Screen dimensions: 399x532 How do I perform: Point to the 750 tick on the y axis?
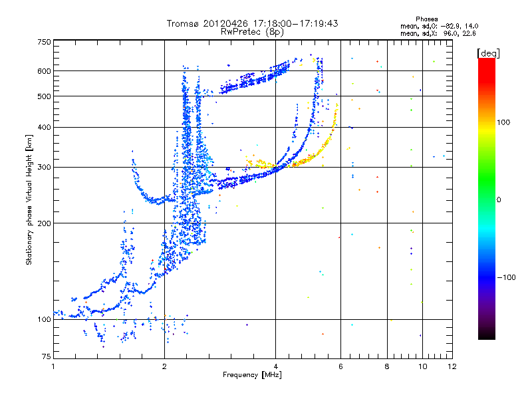coord(44,42)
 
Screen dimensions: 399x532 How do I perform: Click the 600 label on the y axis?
coord(44,71)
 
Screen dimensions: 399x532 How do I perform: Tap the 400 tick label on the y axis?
coord(44,127)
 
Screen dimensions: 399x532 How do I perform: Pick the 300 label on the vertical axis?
coord(44,167)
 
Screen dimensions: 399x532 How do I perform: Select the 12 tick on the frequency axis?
coord(452,366)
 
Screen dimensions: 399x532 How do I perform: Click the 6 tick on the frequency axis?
coord(340,366)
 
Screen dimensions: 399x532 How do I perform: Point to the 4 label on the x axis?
coord(275,366)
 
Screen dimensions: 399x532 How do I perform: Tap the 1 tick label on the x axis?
coord(53,366)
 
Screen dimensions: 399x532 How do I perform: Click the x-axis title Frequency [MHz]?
coord(253,375)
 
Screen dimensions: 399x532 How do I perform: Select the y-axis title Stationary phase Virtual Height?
coord(29,199)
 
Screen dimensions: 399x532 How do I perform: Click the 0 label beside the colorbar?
coord(500,199)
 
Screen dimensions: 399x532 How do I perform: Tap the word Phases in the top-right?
coord(427,19)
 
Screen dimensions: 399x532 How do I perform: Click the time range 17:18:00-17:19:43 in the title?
coord(296,23)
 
